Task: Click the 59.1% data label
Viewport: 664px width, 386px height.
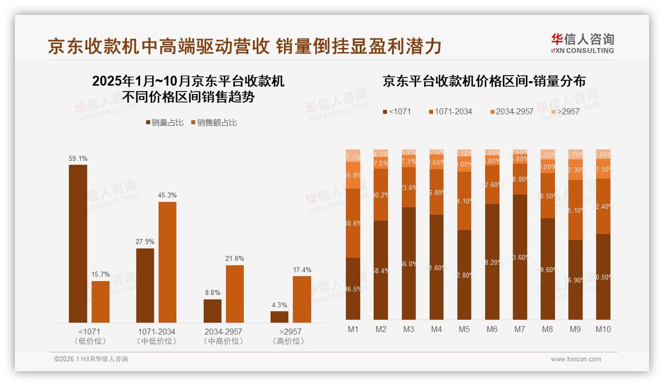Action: point(78,159)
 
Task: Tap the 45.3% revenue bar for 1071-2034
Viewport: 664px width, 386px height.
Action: point(167,262)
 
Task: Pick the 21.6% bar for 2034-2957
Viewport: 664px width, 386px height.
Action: point(235,294)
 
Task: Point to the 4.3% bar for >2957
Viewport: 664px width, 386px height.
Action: point(279,317)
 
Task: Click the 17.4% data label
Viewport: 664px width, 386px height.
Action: point(302,270)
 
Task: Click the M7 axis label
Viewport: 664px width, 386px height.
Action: point(520,329)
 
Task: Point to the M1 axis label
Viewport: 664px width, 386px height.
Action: point(353,329)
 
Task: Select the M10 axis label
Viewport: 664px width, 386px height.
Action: point(603,329)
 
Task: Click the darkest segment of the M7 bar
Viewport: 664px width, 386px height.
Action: point(520,257)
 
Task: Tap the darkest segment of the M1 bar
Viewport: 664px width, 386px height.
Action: point(353,289)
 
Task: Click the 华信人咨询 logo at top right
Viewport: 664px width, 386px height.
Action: point(583,43)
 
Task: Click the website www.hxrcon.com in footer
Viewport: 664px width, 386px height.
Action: point(576,359)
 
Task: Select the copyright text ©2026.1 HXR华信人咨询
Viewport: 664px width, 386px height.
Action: point(91,359)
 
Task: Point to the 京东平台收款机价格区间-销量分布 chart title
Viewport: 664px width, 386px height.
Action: point(484,81)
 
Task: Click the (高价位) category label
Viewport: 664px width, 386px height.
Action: point(288,341)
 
